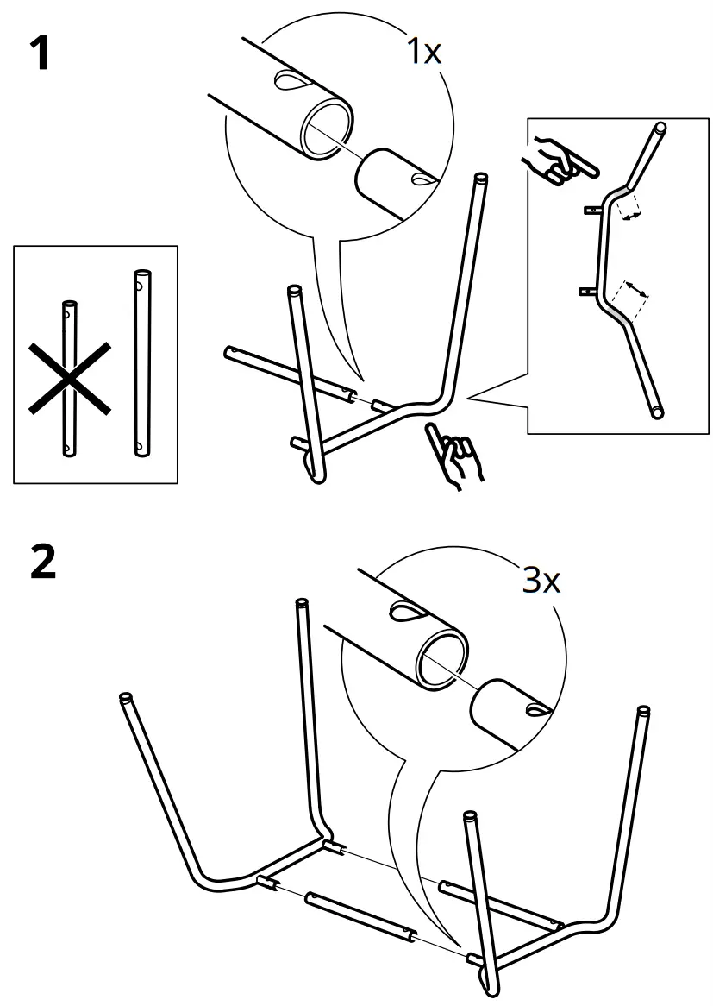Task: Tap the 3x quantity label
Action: coord(541,581)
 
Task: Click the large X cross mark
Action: coord(69,376)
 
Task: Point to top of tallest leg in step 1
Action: coord(480,179)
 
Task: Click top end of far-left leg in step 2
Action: coord(126,698)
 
